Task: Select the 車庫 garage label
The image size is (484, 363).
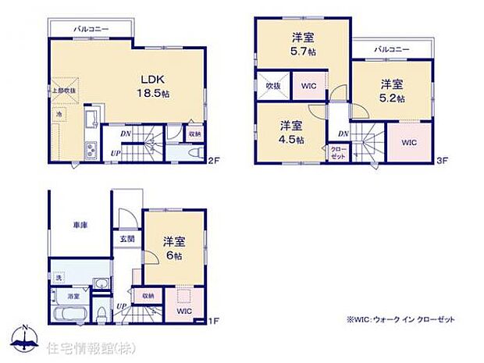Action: [x=80, y=225]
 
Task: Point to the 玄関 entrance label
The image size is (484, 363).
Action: [x=126, y=238]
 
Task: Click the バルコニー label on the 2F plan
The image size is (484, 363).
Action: [x=91, y=28]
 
